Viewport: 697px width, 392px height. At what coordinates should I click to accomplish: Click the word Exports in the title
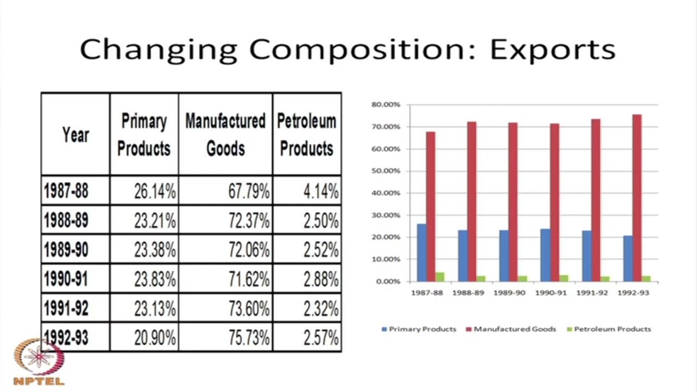click(552, 49)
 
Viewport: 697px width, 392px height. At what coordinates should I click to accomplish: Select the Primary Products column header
click(144, 134)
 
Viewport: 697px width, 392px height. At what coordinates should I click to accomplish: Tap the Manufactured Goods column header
click(225, 134)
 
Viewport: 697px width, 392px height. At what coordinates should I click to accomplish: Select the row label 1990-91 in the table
click(65, 279)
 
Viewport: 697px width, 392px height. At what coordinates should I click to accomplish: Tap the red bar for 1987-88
click(430, 207)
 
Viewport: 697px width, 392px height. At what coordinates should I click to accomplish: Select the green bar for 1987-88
click(439, 277)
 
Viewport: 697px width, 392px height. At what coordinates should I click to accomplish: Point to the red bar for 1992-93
click(637, 198)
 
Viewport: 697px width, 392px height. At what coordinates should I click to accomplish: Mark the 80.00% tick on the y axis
click(385, 104)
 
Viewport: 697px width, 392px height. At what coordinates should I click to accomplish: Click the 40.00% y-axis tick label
click(385, 193)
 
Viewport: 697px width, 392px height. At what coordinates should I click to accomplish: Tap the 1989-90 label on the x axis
click(509, 292)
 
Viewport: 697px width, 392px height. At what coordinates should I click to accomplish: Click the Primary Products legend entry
click(419, 329)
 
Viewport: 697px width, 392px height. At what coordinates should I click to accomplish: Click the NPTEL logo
click(38, 362)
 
